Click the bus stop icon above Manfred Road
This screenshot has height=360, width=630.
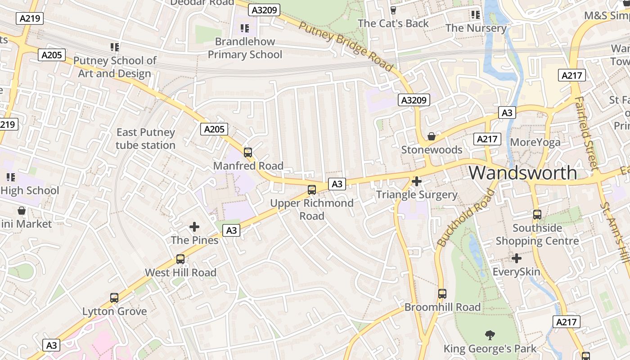[x=248, y=152]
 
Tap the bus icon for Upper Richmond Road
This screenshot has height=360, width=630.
[x=311, y=190]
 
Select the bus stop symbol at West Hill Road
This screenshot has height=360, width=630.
[x=180, y=259]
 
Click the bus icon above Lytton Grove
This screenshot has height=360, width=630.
[x=114, y=298]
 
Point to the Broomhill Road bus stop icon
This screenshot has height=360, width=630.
[x=442, y=294]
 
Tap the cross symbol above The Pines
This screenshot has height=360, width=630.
[x=194, y=227]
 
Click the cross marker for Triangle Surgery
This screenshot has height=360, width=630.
[x=417, y=181]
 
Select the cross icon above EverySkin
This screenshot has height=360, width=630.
[x=517, y=258]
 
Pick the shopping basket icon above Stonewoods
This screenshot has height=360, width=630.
[x=432, y=136]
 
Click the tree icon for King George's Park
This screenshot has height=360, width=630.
[x=490, y=335]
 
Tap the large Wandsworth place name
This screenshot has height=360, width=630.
[x=523, y=173]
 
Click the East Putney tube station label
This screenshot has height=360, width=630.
[x=145, y=139]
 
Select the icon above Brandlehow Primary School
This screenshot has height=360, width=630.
[x=245, y=28]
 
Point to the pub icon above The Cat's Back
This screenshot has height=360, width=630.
[x=393, y=10]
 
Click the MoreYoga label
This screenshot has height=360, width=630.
[x=535, y=143]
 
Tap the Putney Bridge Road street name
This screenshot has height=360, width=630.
[x=346, y=46]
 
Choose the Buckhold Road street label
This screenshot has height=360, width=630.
[x=466, y=218]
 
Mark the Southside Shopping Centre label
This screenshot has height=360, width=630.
[x=537, y=234]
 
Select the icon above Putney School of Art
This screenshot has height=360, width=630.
[x=115, y=47]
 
